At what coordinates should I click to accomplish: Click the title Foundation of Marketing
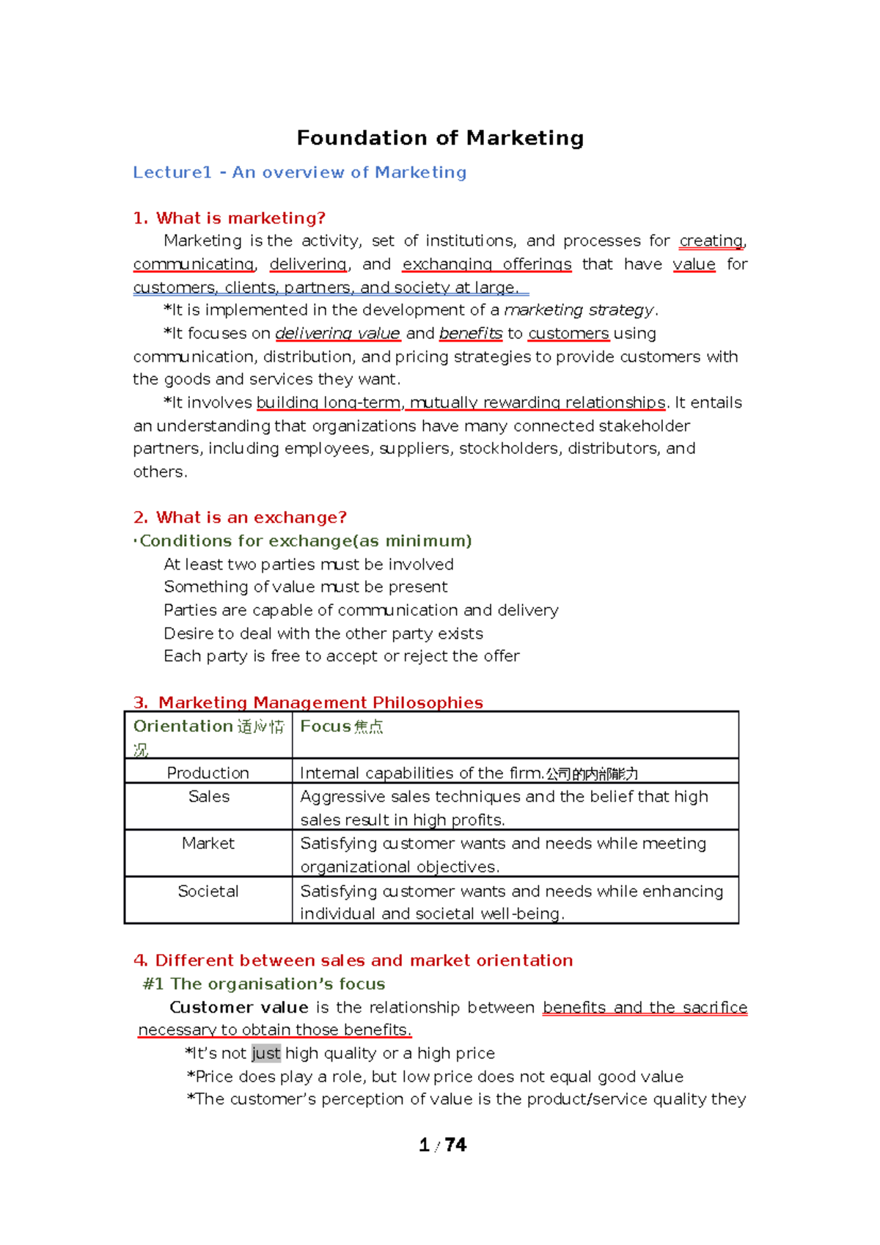(x=440, y=138)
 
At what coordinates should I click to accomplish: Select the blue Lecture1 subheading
(x=299, y=172)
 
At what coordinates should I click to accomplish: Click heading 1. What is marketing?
(x=229, y=218)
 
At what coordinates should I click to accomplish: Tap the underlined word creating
(x=711, y=240)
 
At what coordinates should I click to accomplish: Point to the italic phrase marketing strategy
(x=579, y=310)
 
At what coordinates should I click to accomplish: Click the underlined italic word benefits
(x=470, y=334)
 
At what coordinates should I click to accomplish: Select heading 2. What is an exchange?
(x=240, y=517)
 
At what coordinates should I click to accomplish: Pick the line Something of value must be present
(x=305, y=587)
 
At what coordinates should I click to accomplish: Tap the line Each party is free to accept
(x=341, y=656)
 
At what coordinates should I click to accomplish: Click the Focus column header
(x=341, y=727)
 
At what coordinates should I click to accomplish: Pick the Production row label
(x=208, y=773)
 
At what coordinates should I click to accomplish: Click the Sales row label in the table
(x=208, y=796)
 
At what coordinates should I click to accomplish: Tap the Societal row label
(x=208, y=891)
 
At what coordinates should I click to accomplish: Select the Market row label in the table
(x=208, y=843)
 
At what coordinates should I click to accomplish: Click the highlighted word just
(x=265, y=1054)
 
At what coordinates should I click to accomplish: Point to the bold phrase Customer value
(x=238, y=1007)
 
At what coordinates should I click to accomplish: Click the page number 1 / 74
(x=442, y=1145)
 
